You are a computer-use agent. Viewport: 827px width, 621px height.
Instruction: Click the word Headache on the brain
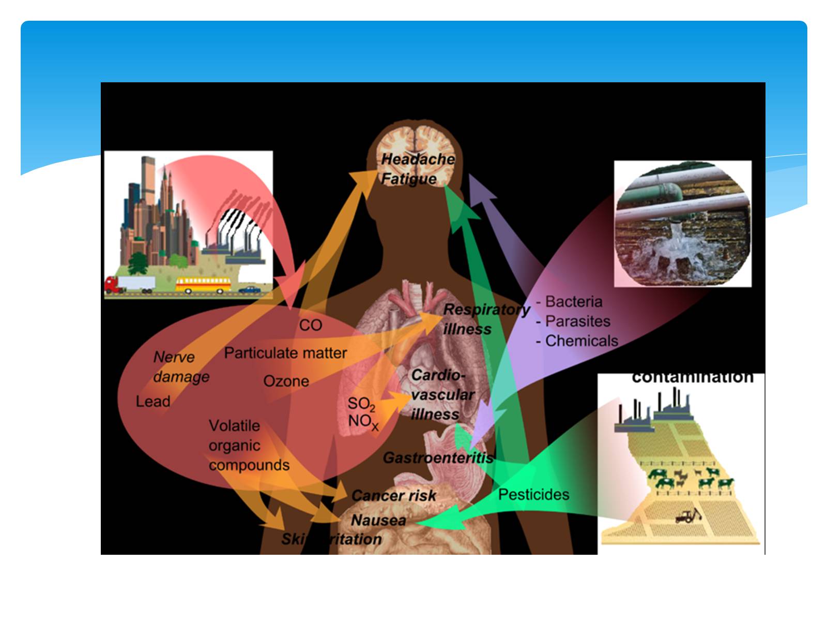(418, 159)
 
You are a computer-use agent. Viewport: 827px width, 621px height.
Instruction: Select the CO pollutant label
(310, 326)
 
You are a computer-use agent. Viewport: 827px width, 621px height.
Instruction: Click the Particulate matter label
(285, 353)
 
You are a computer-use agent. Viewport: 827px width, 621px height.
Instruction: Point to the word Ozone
(286, 381)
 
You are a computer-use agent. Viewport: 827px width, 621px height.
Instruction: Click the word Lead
(153, 402)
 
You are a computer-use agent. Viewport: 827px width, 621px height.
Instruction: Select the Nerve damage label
(180, 367)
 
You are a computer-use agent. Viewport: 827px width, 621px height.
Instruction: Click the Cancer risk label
(394, 496)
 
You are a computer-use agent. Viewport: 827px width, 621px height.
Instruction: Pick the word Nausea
(378, 520)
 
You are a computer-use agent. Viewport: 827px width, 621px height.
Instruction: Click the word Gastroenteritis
(438, 459)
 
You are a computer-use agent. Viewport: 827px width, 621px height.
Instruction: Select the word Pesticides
(533, 495)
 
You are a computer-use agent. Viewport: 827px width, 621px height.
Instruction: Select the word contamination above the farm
(692, 378)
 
